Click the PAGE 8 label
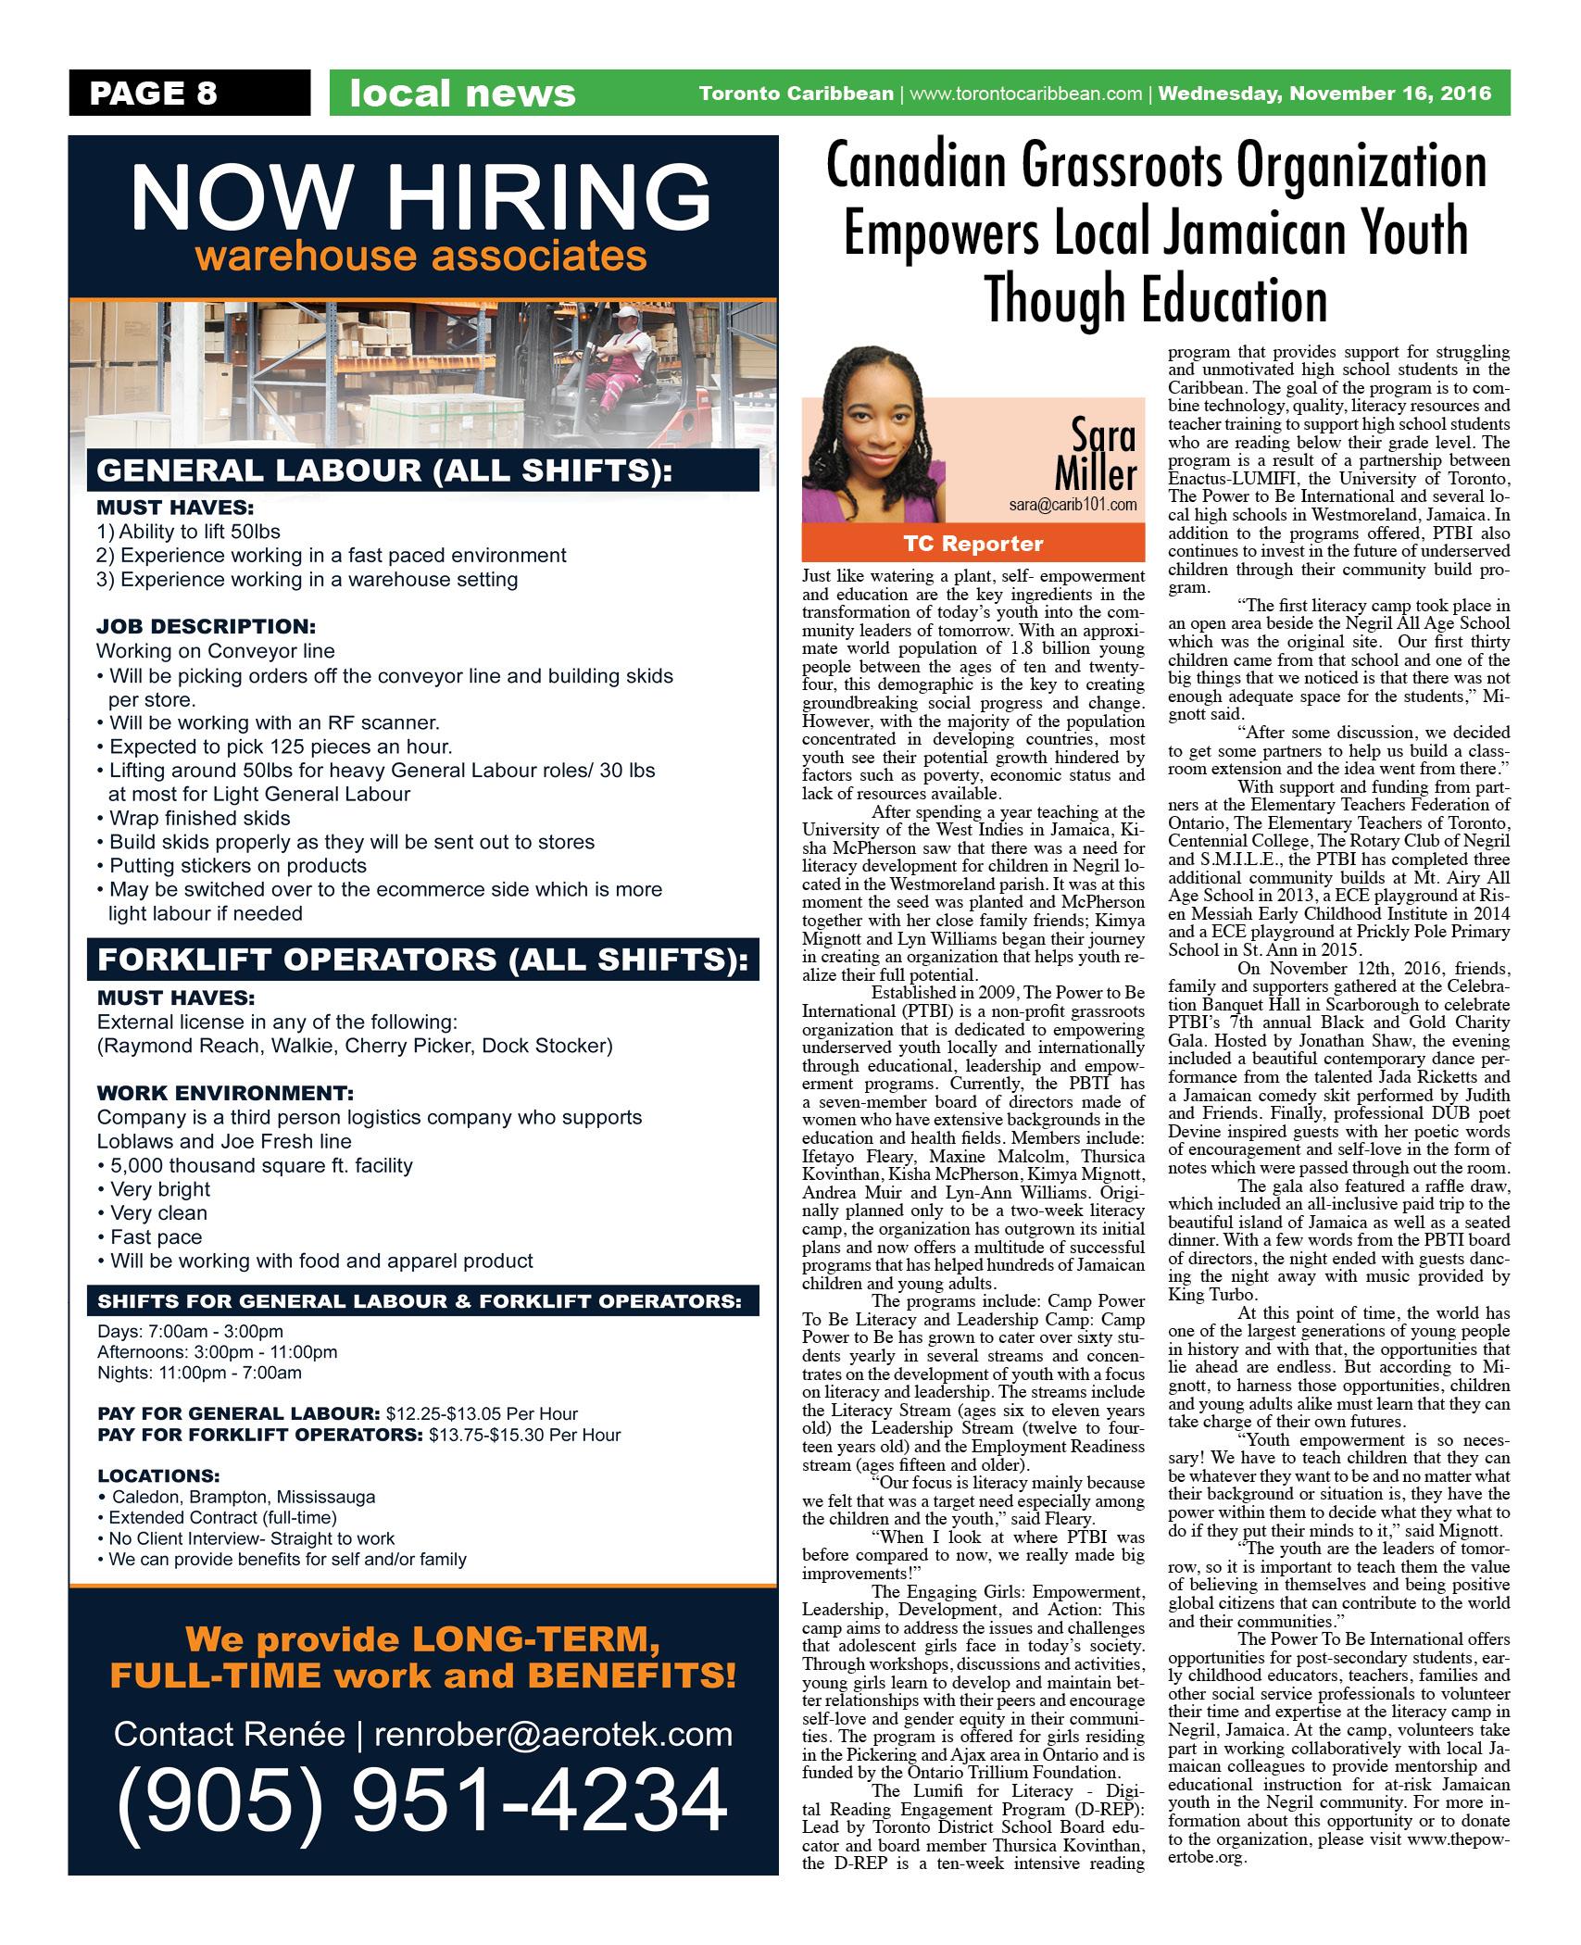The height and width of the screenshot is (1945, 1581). [x=153, y=94]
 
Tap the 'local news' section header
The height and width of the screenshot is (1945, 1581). [x=462, y=94]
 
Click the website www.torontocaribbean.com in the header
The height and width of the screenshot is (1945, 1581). [x=1025, y=94]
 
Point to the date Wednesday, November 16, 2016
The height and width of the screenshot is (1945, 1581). [x=1324, y=94]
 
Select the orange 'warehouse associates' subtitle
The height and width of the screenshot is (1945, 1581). [x=421, y=257]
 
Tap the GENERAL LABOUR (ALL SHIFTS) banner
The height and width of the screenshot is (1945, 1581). [x=383, y=471]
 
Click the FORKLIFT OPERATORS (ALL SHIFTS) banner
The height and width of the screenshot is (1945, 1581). [x=421, y=960]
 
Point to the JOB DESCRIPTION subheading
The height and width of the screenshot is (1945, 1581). [x=206, y=626]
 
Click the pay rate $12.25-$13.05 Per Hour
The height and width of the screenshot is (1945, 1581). [x=482, y=1414]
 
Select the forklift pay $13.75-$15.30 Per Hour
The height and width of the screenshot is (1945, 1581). [x=525, y=1436]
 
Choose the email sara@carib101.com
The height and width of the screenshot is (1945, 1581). [x=1073, y=506]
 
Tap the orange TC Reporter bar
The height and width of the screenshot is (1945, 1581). [x=972, y=544]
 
